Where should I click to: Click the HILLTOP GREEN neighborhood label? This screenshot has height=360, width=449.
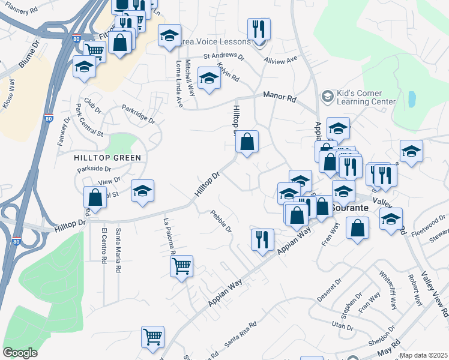[107, 158]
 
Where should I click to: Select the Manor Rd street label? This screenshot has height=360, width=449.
[280, 97]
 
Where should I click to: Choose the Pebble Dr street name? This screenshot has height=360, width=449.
[221, 221]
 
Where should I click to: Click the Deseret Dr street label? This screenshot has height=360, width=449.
[330, 287]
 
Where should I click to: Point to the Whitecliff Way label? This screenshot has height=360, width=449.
[387, 290]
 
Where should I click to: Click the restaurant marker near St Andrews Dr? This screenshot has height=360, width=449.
[259, 28]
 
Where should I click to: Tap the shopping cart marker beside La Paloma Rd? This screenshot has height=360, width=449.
[181, 265]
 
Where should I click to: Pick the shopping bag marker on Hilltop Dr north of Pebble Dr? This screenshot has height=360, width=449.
[247, 142]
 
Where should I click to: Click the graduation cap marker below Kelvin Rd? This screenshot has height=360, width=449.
[209, 79]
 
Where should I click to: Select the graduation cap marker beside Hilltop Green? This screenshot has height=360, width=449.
[142, 190]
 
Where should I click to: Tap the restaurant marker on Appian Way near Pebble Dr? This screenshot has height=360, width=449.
[262, 239]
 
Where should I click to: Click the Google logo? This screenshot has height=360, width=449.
[20, 353]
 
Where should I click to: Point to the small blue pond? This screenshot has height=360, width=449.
[412, 99]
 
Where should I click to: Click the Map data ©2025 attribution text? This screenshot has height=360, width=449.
[424, 356]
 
